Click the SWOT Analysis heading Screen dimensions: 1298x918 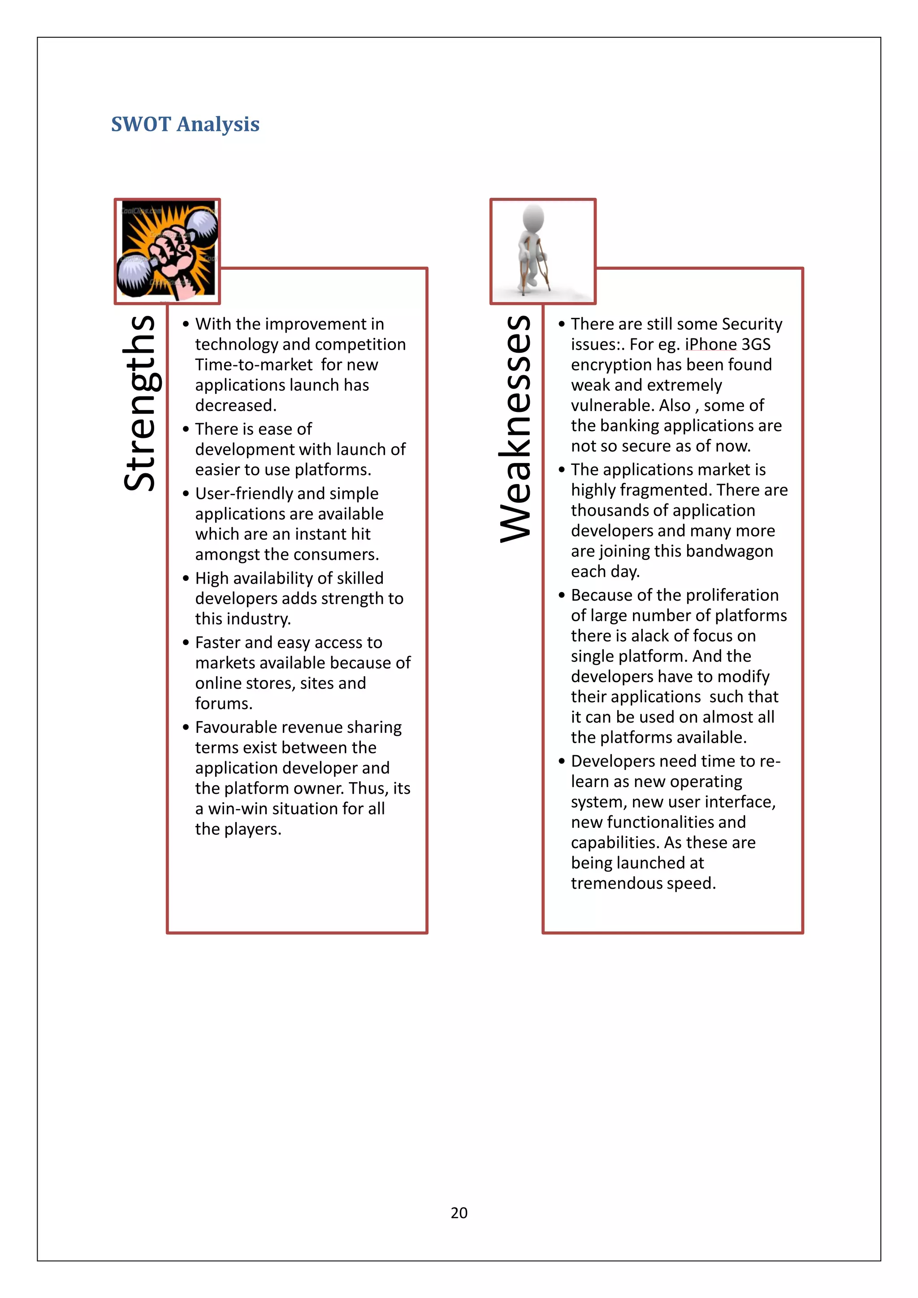[185, 124]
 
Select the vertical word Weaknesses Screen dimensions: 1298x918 [515, 428]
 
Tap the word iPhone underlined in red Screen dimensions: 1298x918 [710, 344]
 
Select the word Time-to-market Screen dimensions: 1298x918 [253, 365]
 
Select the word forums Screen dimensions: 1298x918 [222, 704]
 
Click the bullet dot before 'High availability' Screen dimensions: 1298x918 [186, 578]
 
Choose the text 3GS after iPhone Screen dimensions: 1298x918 [756, 344]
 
